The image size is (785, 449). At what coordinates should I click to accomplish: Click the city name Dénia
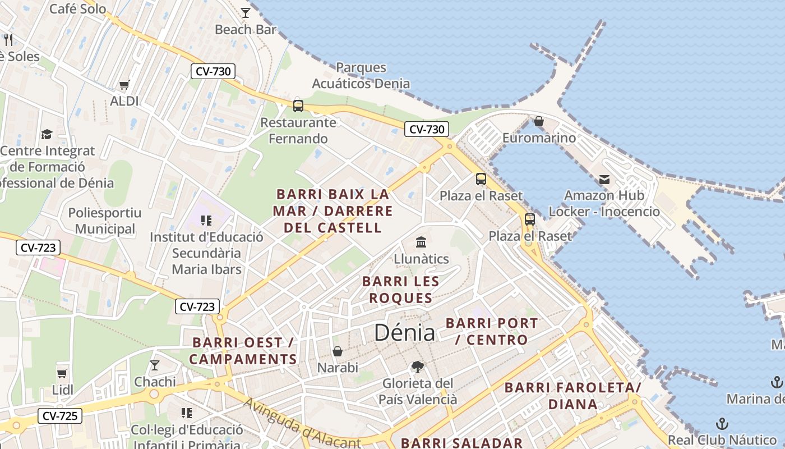tap(404, 333)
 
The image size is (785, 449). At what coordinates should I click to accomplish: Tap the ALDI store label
tap(124, 101)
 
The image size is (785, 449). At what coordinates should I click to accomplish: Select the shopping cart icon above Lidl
tap(62, 373)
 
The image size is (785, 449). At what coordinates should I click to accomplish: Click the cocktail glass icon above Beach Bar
tap(245, 12)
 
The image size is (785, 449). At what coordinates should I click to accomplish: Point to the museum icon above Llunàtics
tap(421, 242)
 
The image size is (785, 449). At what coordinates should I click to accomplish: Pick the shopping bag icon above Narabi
tap(338, 351)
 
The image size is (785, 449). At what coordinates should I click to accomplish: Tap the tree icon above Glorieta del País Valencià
tap(417, 367)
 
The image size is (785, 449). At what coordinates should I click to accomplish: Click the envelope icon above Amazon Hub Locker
tap(604, 180)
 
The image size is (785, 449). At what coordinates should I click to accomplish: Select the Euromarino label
tap(539, 138)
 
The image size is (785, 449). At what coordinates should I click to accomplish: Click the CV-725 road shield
tap(60, 416)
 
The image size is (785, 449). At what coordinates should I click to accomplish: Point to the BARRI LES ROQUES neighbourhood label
tap(400, 290)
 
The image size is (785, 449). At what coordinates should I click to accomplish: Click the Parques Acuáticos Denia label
tap(361, 76)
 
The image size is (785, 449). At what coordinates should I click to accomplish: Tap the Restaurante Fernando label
tap(298, 130)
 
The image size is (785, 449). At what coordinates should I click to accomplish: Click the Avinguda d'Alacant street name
tap(302, 424)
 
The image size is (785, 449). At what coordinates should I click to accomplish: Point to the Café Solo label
tap(78, 9)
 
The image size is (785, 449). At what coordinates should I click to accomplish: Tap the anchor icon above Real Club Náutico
tap(722, 424)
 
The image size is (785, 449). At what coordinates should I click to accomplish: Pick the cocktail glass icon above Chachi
tap(155, 365)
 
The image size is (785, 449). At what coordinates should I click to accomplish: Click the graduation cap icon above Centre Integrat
tap(47, 135)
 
